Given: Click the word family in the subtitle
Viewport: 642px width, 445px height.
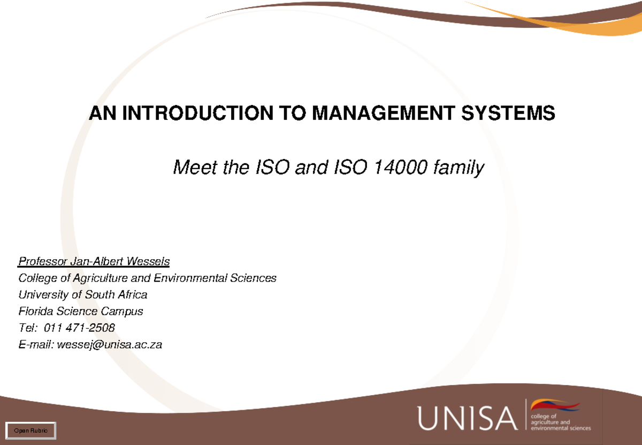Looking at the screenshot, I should pyautogui.click(x=460, y=168).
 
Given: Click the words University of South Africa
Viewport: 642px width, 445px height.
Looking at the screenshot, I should pyautogui.click(x=83, y=295).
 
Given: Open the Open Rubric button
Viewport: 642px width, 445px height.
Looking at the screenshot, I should pyautogui.click(x=30, y=430).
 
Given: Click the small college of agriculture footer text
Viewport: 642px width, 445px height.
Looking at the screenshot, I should pyautogui.click(x=560, y=423).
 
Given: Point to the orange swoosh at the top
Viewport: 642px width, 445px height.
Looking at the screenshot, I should pyautogui.click(x=546, y=16).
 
